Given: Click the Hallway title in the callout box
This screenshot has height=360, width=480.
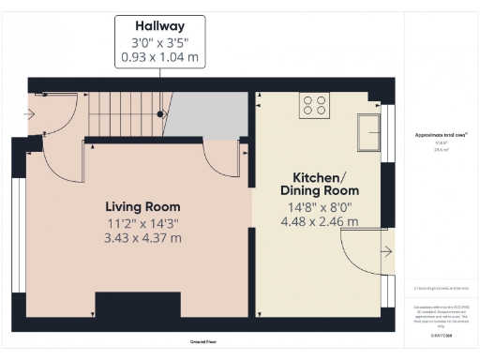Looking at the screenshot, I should click(159, 26).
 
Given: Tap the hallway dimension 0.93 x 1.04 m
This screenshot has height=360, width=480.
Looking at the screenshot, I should click(159, 57).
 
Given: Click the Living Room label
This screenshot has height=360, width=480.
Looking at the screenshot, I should click(142, 206).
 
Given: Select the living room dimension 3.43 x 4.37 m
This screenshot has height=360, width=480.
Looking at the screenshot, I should click(142, 238).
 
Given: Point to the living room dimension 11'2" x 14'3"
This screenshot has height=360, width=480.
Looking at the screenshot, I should click(142, 222).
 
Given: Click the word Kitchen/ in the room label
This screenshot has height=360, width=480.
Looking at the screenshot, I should click(320, 176).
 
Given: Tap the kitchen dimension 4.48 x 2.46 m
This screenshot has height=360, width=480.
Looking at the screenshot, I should click(320, 222).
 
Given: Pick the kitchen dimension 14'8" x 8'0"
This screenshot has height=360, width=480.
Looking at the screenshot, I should click(320, 206).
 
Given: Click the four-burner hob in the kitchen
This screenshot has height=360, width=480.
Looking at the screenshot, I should click(314, 107).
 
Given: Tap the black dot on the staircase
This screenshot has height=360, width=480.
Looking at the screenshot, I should click(160, 113).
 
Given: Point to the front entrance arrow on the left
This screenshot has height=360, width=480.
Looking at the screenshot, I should click(34, 115).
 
